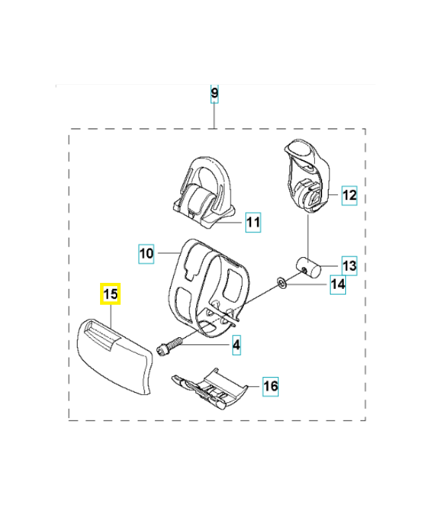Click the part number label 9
pos(214,93)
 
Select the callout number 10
pos(146,252)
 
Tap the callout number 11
pos(252,222)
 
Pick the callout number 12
pos(349,195)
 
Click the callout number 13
pos(349,266)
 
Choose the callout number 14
pos(338,285)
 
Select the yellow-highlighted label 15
pos(110,293)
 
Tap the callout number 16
pos(270,386)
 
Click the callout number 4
pos(235,344)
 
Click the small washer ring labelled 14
pos(282,284)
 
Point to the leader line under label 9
pos(214,116)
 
